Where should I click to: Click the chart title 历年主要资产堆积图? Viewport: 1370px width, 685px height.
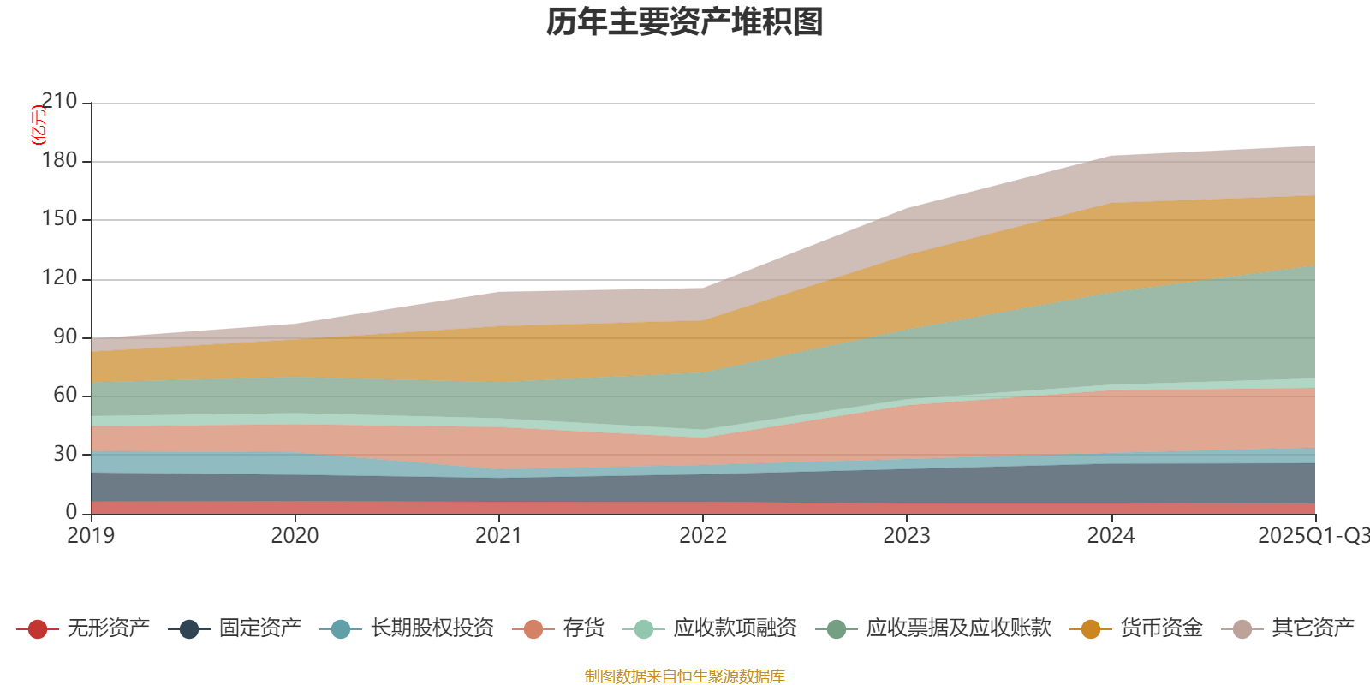tap(685, 22)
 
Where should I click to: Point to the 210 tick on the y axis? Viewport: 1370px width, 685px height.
tap(59, 102)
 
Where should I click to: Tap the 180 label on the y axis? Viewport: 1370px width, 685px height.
tap(59, 161)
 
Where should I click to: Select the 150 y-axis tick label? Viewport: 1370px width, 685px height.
tap(59, 219)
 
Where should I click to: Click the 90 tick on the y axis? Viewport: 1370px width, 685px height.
tap(65, 337)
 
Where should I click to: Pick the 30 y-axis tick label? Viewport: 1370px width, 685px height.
tap(65, 454)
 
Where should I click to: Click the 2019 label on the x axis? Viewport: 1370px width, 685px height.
tap(92, 536)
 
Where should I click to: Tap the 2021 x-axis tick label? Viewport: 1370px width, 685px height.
tap(499, 536)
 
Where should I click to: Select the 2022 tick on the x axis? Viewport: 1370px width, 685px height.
tap(703, 536)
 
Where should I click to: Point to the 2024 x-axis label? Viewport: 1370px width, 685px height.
tap(1111, 536)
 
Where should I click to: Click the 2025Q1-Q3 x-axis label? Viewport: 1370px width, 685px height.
tap(1312, 536)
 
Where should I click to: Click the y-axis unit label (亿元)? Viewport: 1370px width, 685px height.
tap(39, 125)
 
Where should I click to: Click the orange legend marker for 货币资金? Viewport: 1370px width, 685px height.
tap(1091, 629)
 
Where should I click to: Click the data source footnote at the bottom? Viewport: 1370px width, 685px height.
tap(685, 676)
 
